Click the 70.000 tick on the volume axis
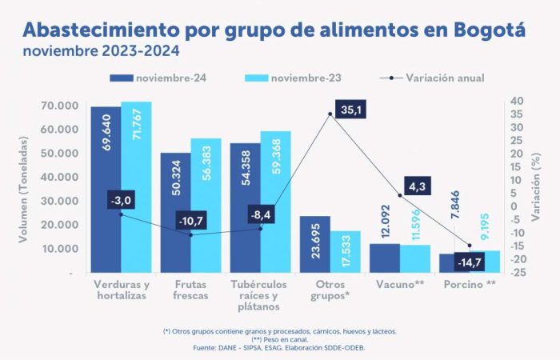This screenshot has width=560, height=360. click(60, 106)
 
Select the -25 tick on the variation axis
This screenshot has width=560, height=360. click(518, 273)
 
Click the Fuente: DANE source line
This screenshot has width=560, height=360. click(280, 348)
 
